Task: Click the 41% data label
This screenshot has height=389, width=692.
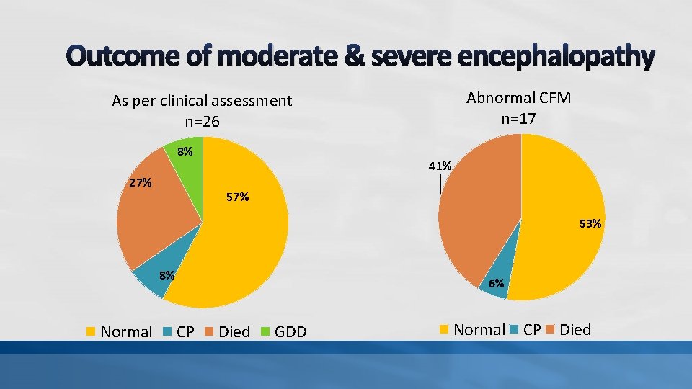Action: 440,166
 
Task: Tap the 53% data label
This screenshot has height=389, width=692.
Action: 590,224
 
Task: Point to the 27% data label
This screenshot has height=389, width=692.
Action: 140,183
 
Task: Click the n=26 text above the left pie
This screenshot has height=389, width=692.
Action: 202,122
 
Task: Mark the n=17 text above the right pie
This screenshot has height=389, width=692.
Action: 518,118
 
